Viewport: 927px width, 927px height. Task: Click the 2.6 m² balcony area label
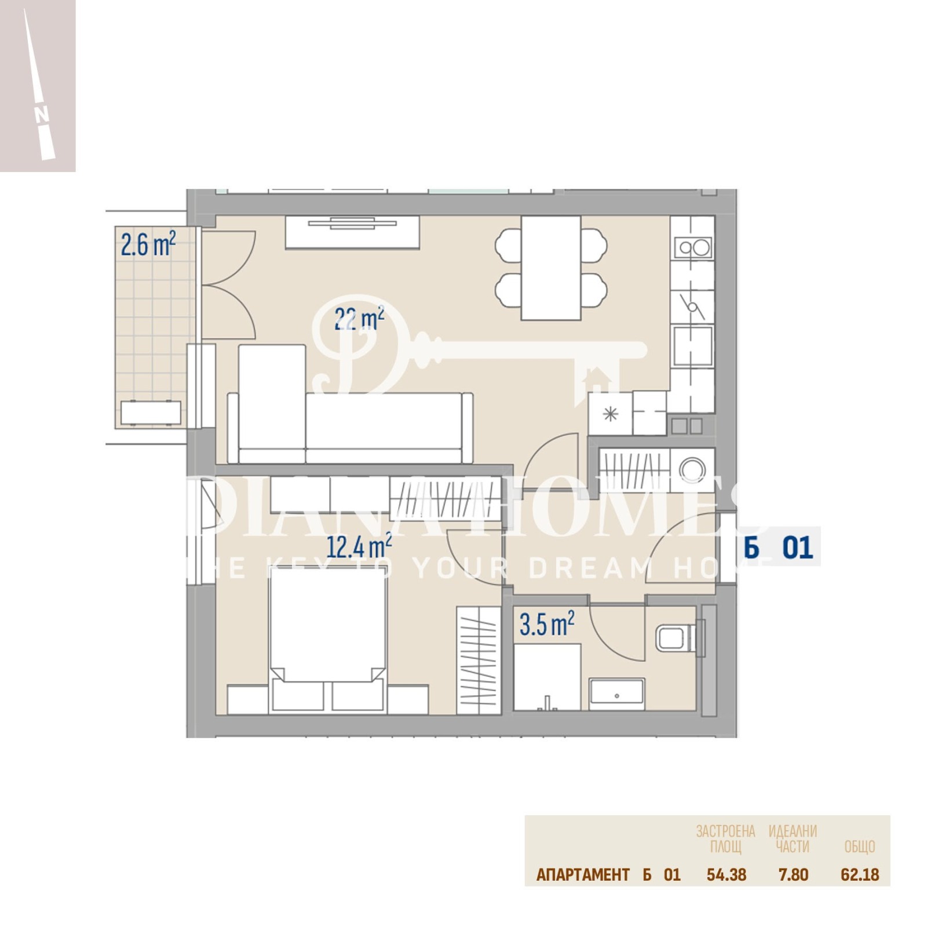pyautogui.click(x=148, y=244)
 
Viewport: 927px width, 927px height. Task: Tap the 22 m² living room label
pyautogui.click(x=359, y=319)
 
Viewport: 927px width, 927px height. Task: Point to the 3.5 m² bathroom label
pyautogui.click(x=546, y=624)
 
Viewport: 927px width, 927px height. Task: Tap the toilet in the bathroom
pyautogui.click(x=674, y=638)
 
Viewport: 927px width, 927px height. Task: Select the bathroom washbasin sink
pyautogui.click(x=616, y=694)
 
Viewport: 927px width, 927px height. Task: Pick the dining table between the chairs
pyautogui.click(x=550, y=268)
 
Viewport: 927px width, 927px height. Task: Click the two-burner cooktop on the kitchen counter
pyautogui.click(x=694, y=248)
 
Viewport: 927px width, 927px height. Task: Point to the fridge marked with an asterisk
pyautogui.click(x=610, y=414)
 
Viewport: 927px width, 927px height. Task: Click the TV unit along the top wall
pyautogui.click(x=352, y=232)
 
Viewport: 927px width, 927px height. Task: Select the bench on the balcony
pyautogui.click(x=151, y=413)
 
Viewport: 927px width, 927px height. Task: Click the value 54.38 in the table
pyautogui.click(x=726, y=875)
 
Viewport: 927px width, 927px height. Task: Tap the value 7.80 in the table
pyautogui.click(x=793, y=875)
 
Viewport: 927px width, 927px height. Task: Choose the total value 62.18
pyautogui.click(x=860, y=875)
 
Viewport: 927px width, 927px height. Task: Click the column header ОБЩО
pyautogui.click(x=859, y=847)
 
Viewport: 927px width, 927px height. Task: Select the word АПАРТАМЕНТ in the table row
pyautogui.click(x=582, y=875)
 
